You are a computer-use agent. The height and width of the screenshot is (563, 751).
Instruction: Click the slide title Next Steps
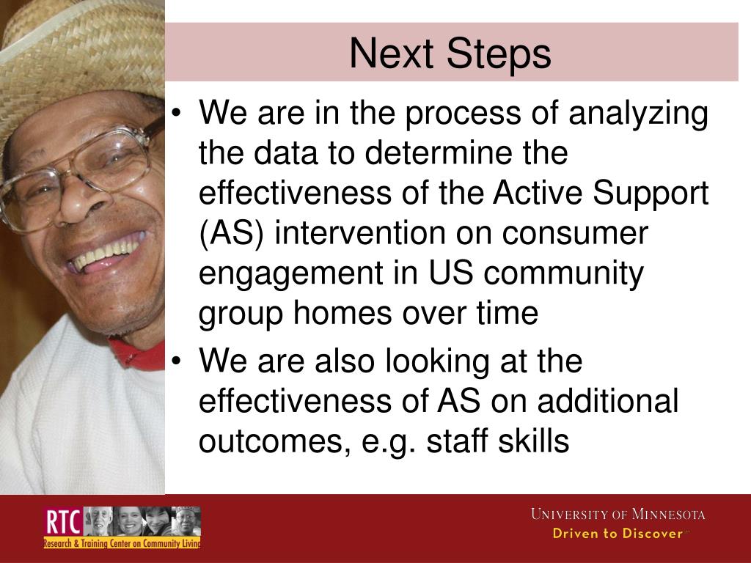[x=450, y=54]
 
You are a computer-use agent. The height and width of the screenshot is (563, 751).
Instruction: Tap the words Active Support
[x=601, y=194]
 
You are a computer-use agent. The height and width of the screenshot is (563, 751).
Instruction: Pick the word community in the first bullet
[x=563, y=273]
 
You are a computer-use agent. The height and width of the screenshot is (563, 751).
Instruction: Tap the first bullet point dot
[x=177, y=114]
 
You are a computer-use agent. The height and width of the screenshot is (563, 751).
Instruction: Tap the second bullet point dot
[x=177, y=361]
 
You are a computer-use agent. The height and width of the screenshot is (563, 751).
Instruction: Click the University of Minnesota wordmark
[x=618, y=515]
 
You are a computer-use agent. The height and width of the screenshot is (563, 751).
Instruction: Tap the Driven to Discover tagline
[x=617, y=534]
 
